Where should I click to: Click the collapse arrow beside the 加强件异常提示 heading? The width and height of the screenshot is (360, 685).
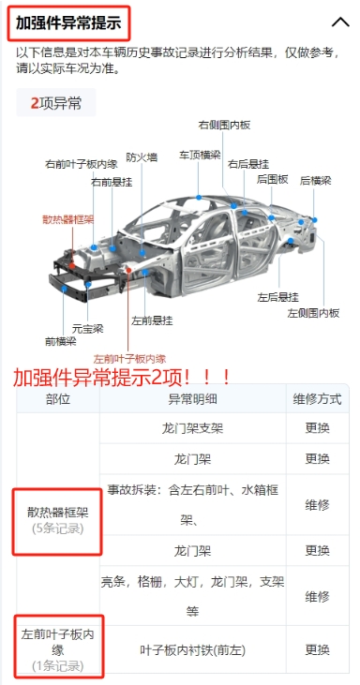[340, 22]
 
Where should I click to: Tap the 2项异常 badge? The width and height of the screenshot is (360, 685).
[56, 103]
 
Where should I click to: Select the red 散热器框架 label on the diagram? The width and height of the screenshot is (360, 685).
[68, 219]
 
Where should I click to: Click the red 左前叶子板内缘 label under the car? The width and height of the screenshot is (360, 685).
[129, 359]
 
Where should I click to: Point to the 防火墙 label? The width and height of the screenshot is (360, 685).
[142, 157]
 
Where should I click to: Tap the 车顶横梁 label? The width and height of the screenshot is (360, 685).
[200, 156]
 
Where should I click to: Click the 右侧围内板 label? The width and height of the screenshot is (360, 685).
[224, 126]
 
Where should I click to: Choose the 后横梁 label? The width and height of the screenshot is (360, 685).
[315, 181]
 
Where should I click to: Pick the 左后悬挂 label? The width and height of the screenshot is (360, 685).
[277, 297]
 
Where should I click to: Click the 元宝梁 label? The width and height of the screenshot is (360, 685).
[88, 329]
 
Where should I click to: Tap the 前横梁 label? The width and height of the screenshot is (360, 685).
[60, 341]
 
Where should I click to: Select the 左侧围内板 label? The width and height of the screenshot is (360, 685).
[313, 313]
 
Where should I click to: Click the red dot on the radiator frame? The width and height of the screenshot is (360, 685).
[72, 265]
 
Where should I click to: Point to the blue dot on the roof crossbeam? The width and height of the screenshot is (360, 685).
[199, 198]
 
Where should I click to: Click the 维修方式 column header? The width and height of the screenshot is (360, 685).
[317, 399]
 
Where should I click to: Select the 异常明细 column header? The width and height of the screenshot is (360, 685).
[193, 399]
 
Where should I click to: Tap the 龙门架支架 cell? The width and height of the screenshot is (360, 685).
[193, 428]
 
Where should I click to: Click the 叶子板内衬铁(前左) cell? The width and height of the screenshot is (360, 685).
[193, 650]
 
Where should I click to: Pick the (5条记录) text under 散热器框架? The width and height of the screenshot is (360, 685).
[58, 529]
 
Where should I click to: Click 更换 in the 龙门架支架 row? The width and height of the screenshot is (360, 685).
[317, 428]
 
